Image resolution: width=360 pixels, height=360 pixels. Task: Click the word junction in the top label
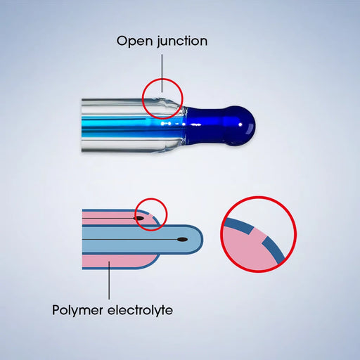point(182,41)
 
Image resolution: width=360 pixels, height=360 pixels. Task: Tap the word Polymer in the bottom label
point(77,310)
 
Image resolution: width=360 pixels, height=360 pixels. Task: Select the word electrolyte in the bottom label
point(140,310)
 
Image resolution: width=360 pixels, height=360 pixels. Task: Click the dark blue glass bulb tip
point(239,126)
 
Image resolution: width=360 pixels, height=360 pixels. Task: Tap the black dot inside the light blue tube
point(182,240)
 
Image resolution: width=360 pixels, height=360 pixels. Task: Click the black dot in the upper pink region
point(139,218)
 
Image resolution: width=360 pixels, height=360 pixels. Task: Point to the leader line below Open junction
point(162,73)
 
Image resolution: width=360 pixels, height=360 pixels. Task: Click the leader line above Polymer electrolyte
point(109,281)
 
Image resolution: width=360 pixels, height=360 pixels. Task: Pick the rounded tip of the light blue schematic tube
point(200,240)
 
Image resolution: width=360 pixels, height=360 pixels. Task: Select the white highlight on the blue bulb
point(240,124)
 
